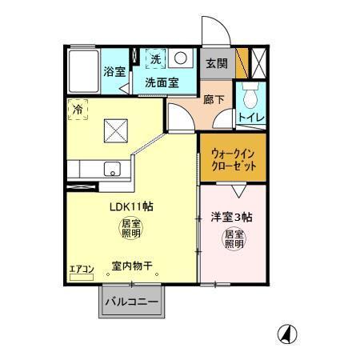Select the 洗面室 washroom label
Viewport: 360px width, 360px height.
click(161, 82)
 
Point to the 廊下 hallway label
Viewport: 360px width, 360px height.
click(213, 100)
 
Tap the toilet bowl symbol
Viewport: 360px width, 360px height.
click(251, 97)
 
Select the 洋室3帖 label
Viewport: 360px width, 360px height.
click(232, 217)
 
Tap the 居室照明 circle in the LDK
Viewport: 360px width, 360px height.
click(130, 230)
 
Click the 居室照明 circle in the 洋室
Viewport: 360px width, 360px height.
click(234, 238)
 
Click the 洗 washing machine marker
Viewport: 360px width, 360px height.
click(157, 58)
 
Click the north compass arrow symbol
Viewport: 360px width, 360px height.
click(284, 334)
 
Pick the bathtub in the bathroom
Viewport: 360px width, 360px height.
click(83, 71)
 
